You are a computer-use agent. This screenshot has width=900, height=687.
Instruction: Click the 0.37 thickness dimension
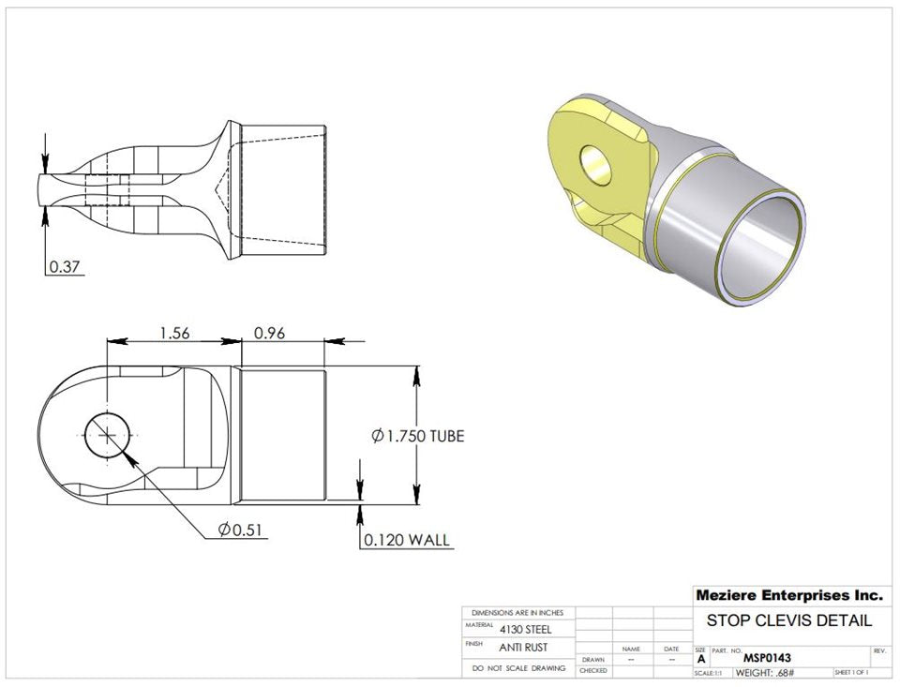coord(66,267)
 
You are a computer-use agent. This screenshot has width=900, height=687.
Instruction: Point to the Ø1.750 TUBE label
coord(417,436)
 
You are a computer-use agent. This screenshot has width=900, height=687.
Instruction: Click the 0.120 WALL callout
coord(407,540)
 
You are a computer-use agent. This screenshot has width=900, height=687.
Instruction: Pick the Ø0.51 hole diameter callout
coord(239,530)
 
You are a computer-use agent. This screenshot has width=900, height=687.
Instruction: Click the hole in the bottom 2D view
coord(110,435)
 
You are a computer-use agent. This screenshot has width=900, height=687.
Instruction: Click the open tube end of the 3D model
coord(765,252)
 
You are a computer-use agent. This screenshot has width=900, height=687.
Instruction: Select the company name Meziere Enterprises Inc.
coord(788,595)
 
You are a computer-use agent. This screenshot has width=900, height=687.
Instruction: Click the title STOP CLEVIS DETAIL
coord(788,620)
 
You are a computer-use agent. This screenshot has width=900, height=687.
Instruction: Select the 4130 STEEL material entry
coord(525,630)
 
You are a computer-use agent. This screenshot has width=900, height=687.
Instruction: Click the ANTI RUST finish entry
coord(524,648)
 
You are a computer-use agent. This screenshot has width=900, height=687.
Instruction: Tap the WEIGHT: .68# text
coord(765,673)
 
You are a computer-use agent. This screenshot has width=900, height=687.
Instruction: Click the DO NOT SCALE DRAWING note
coord(518,668)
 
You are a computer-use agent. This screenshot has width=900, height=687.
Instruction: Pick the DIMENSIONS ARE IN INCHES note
coord(518,612)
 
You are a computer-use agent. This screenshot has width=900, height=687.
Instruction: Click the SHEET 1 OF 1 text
coord(850,673)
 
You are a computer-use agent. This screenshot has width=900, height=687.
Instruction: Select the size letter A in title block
coord(699,659)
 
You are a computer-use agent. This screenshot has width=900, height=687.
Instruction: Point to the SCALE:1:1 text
coord(708,673)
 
